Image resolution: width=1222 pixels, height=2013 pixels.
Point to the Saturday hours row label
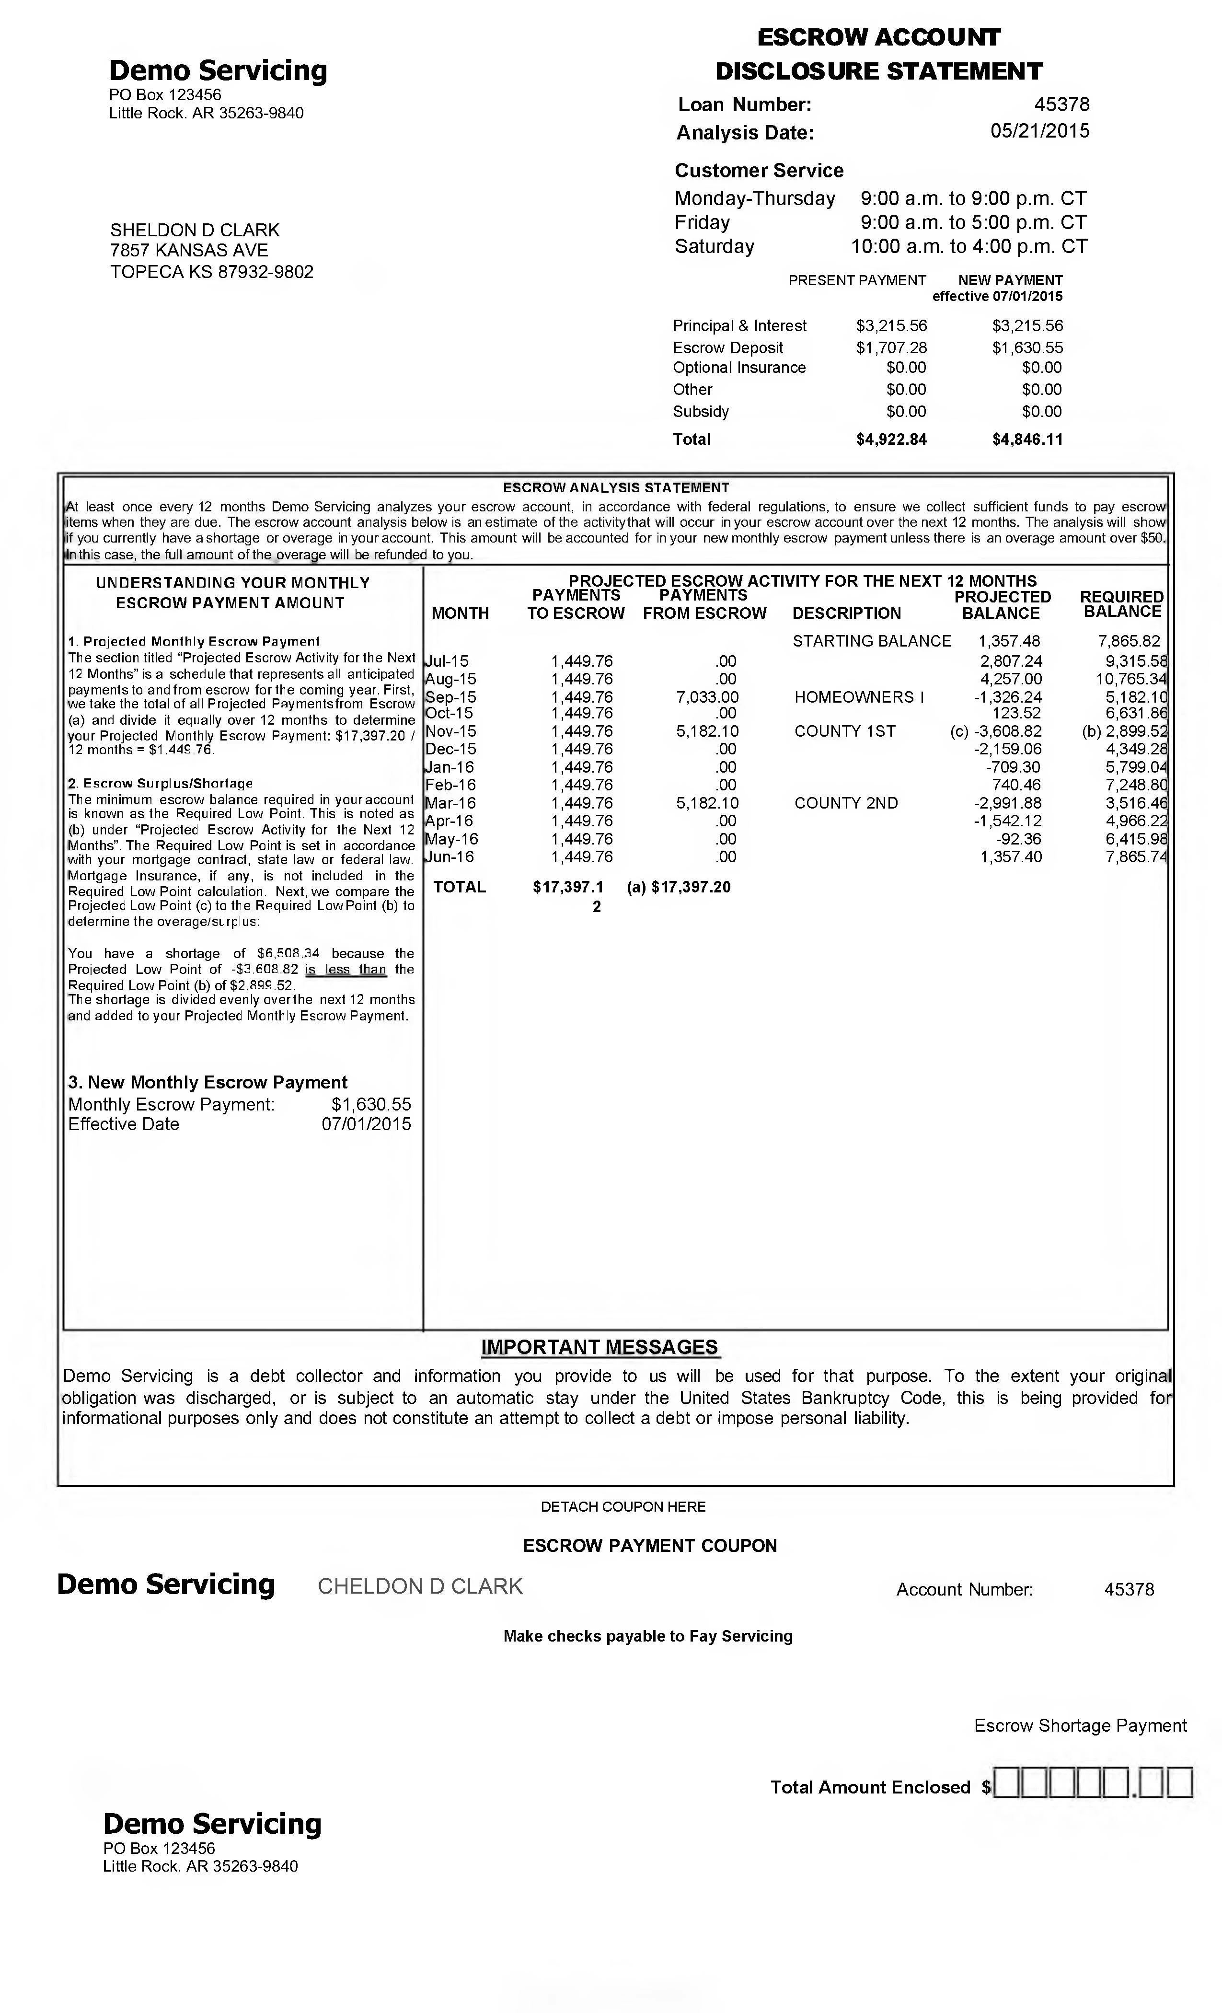(714, 247)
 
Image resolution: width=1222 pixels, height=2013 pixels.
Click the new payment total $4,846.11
(1027, 440)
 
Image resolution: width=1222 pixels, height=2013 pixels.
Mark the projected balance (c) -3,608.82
(996, 732)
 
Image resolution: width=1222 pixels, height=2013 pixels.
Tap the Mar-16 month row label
(450, 803)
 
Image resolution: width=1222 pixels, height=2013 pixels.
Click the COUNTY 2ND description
(845, 803)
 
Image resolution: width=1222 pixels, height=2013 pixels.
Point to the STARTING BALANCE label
(872, 641)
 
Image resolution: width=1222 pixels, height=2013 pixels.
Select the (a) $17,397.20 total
(678, 887)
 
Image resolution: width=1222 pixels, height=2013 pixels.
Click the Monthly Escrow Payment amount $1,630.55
(371, 1105)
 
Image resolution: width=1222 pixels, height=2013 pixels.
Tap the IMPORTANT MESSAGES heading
(599, 1347)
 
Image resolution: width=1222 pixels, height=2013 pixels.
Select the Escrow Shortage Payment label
(1080, 1725)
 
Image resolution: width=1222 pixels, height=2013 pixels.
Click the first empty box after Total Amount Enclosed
(1007, 1782)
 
